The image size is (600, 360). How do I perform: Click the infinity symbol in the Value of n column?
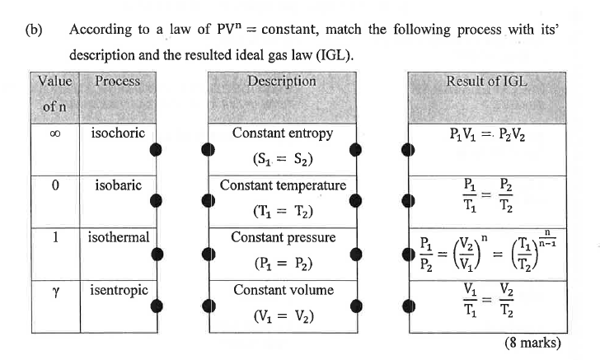coord(54,133)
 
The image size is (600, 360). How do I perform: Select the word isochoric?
coord(118,133)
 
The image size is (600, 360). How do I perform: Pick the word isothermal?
coord(119,237)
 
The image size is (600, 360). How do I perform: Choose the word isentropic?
coord(119,290)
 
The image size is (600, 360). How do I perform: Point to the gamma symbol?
coord(54,291)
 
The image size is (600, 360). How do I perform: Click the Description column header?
coord(281,82)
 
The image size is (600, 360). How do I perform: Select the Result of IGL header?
coord(486,82)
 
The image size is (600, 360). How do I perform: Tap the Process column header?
coord(117,82)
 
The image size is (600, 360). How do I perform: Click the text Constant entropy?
coord(282,133)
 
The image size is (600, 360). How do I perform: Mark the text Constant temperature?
coord(282,185)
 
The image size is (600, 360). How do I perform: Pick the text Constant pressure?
coord(282,237)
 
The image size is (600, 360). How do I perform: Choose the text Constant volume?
coord(282,290)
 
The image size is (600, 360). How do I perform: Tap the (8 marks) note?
coord(532,342)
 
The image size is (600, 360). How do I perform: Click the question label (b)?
coord(34,30)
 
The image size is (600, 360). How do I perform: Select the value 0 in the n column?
coord(54,185)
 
